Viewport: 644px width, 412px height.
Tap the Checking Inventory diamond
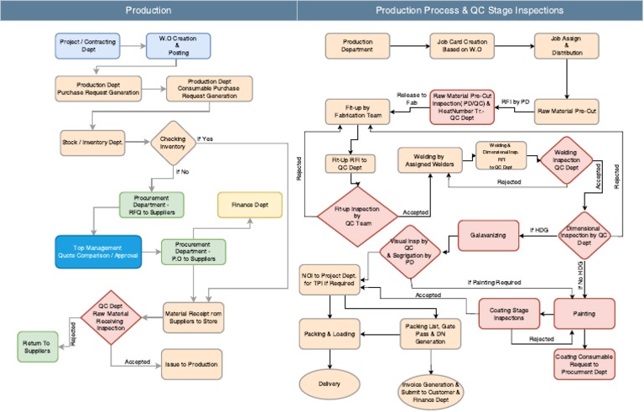click(174, 142)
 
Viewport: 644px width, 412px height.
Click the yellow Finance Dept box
click(251, 205)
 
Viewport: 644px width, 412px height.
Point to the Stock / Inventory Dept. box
click(92, 142)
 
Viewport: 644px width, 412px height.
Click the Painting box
click(585, 314)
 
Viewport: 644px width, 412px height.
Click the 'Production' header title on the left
click(148, 10)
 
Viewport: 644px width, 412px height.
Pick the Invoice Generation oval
click(432, 388)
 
